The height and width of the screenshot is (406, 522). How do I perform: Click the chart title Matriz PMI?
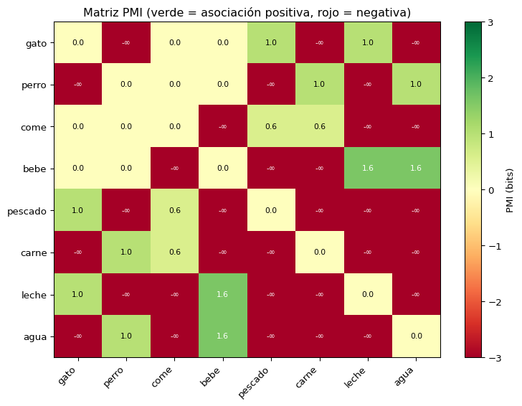[247, 13]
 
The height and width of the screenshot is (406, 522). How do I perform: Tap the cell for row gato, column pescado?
[271, 43]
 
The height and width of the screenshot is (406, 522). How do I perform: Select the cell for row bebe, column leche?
[368, 169]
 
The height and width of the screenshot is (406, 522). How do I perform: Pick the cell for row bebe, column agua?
[416, 169]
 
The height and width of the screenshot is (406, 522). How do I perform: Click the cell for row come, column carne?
[319, 127]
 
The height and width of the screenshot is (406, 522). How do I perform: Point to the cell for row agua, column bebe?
[223, 336]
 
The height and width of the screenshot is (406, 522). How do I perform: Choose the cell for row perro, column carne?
[319, 85]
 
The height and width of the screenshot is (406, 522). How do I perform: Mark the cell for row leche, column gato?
[78, 295]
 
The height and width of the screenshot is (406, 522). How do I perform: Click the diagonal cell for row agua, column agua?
[416, 336]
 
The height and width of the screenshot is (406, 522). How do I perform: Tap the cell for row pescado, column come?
[174, 211]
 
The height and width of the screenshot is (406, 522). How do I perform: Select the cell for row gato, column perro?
[126, 43]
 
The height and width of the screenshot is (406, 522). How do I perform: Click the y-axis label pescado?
[28, 211]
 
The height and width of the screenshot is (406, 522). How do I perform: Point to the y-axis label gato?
[35, 43]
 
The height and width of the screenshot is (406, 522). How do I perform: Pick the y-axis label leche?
[34, 295]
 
